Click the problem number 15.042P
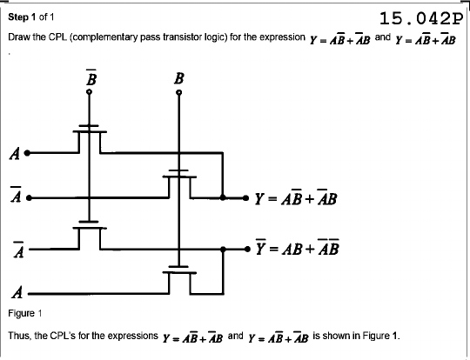(x=421, y=18)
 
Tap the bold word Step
(x=17, y=17)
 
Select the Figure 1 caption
(x=25, y=314)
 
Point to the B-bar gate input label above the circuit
(x=91, y=77)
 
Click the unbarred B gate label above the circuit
(x=178, y=78)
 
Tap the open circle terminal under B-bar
(x=90, y=92)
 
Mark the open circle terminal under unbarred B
(x=179, y=92)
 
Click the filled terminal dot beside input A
(x=27, y=153)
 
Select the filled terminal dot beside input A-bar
(x=29, y=198)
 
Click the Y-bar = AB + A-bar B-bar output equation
(x=298, y=247)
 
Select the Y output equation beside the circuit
(x=296, y=197)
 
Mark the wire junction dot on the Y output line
(x=223, y=197)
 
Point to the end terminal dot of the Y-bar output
(x=247, y=249)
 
